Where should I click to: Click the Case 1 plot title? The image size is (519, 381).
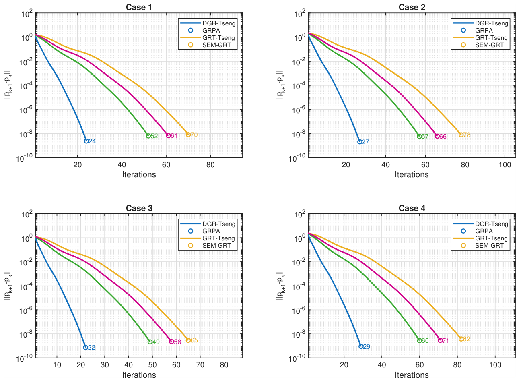[139, 7]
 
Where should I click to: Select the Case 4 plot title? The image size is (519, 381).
[412, 208]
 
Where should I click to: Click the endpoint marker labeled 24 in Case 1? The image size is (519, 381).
[86, 141]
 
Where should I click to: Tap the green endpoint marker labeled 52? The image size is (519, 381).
[148, 136]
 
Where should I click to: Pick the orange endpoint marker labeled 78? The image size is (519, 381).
[461, 135]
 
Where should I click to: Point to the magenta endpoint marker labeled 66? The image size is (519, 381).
[437, 136]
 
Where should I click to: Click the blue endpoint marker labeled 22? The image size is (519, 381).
[86, 348]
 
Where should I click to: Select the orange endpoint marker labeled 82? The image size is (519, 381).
[461, 339]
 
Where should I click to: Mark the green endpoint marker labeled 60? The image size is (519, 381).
[419, 340]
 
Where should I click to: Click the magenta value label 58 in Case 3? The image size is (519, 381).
[177, 342]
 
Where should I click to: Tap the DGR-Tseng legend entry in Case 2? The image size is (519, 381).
[480, 23]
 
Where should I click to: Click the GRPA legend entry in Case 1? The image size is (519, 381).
[205, 30]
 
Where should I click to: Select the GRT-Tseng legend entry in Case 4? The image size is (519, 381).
[480, 238]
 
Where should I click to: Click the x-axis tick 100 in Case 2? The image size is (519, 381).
[505, 165]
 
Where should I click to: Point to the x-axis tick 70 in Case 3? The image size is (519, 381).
[200, 365]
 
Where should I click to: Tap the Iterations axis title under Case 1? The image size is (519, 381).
[139, 174]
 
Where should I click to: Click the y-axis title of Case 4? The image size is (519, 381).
[280, 286]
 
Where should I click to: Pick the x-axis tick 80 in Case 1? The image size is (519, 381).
[210, 165]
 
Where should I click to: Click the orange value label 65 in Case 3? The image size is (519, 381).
[194, 340]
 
